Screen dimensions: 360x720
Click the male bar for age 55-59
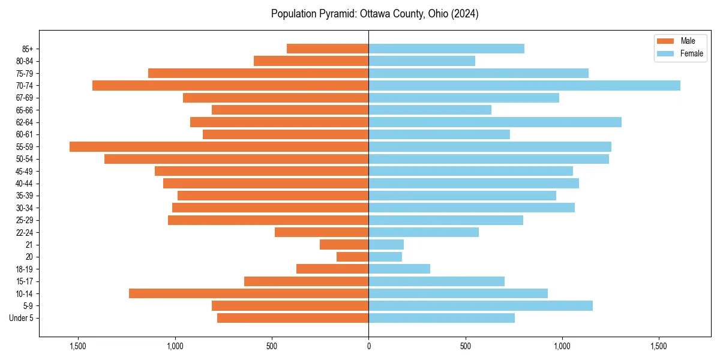219,146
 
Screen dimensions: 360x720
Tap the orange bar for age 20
353,257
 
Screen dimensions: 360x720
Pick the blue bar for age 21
386,244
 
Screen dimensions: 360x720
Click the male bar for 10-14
249,293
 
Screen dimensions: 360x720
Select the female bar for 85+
446,49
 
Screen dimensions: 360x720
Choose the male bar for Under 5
293,318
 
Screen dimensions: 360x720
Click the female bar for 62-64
495,122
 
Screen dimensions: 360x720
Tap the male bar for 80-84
311,61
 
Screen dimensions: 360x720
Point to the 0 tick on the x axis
368,347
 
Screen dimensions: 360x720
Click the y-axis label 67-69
25,98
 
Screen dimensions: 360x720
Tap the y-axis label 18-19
25,269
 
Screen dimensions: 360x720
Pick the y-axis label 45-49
25,171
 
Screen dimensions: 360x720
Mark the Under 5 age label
22,318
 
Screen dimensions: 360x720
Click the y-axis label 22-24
25,232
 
